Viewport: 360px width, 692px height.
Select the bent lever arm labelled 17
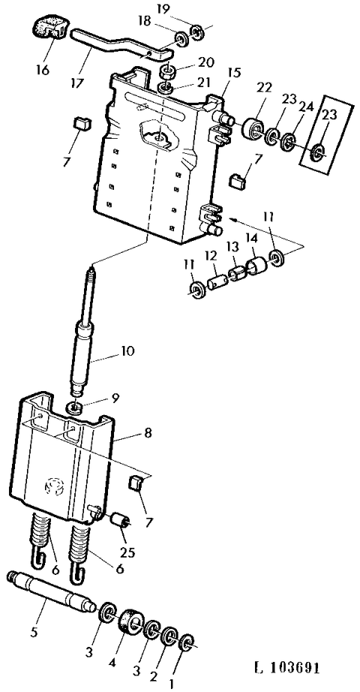coord(119,42)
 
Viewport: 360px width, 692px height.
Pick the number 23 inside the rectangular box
coord(329,114)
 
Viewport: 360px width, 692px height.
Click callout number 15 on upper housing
coord(233,72)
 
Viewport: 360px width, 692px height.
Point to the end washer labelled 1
coord(187,642)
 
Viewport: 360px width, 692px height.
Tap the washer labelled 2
coord(169,636)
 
